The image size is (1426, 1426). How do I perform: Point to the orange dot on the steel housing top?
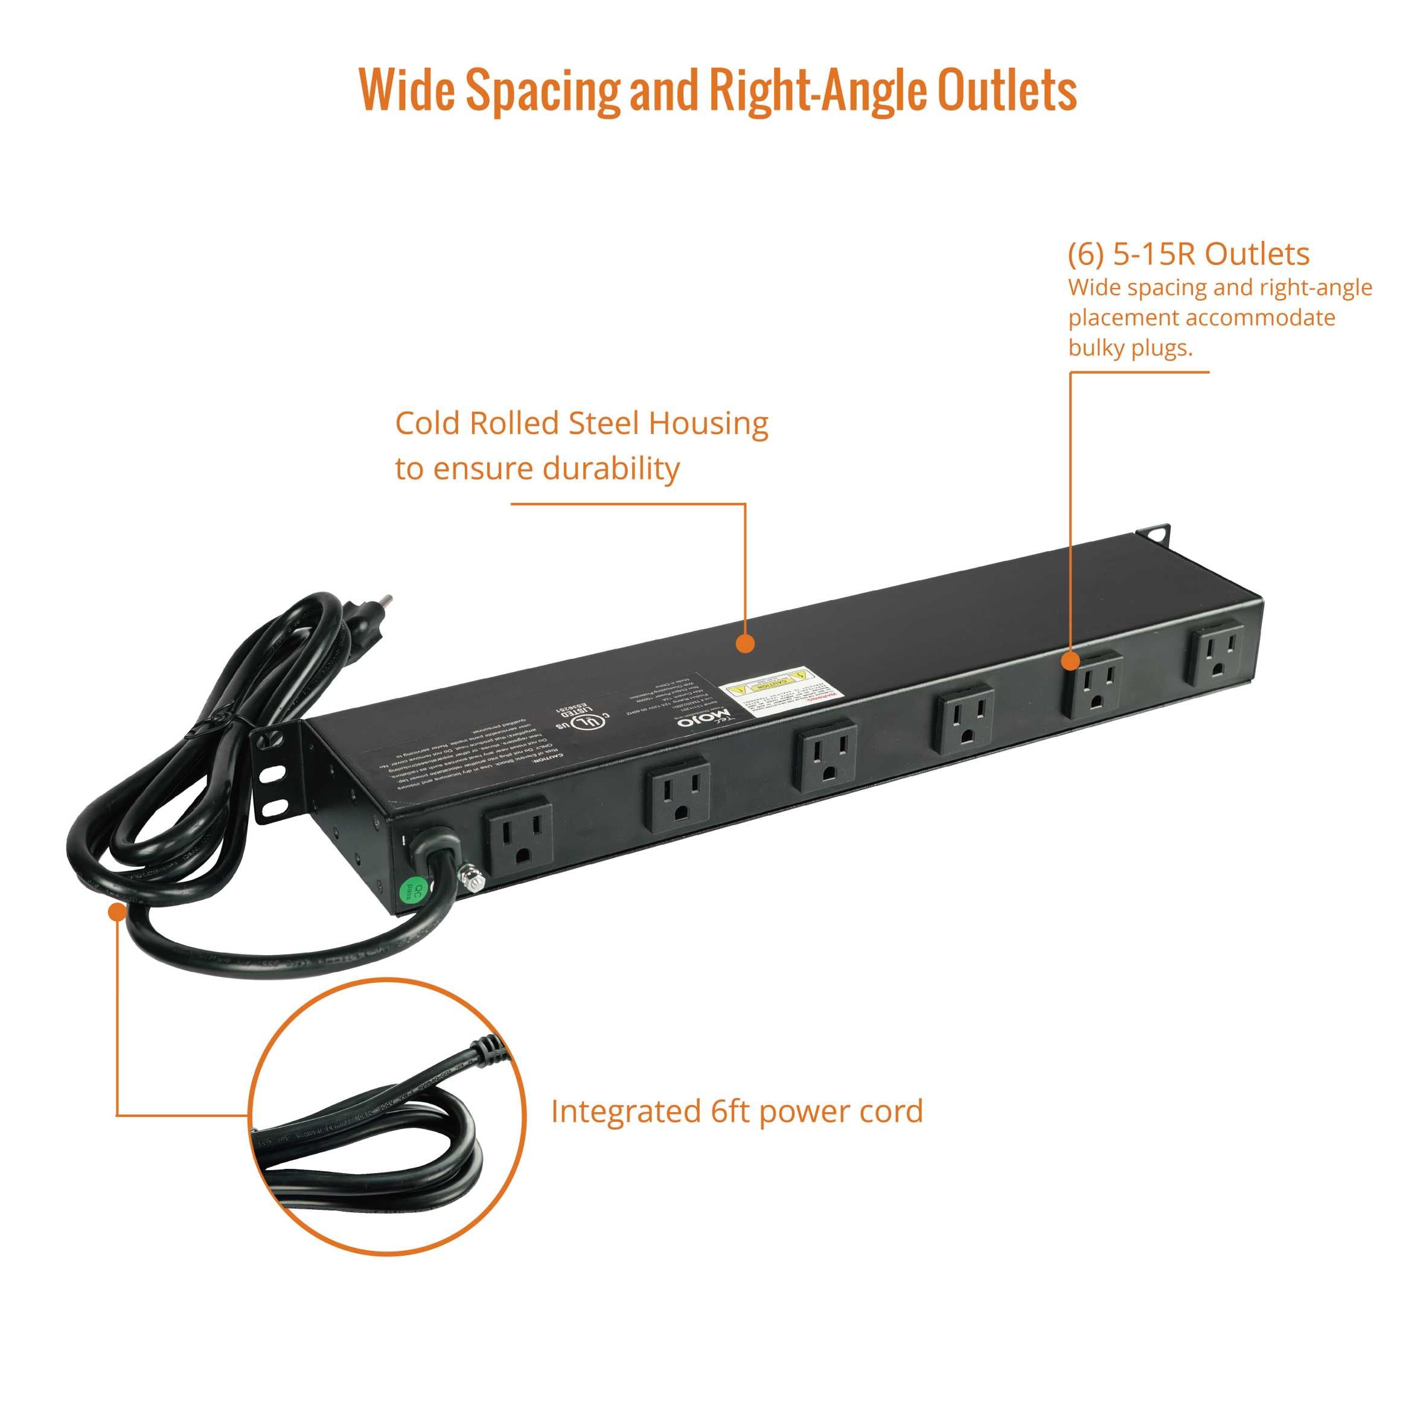746,643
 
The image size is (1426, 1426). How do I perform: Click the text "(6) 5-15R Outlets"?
1188,254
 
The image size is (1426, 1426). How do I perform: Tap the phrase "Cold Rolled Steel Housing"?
581,424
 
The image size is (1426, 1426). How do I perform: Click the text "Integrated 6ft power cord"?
737,1131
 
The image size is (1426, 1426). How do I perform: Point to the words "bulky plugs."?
1130,348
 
